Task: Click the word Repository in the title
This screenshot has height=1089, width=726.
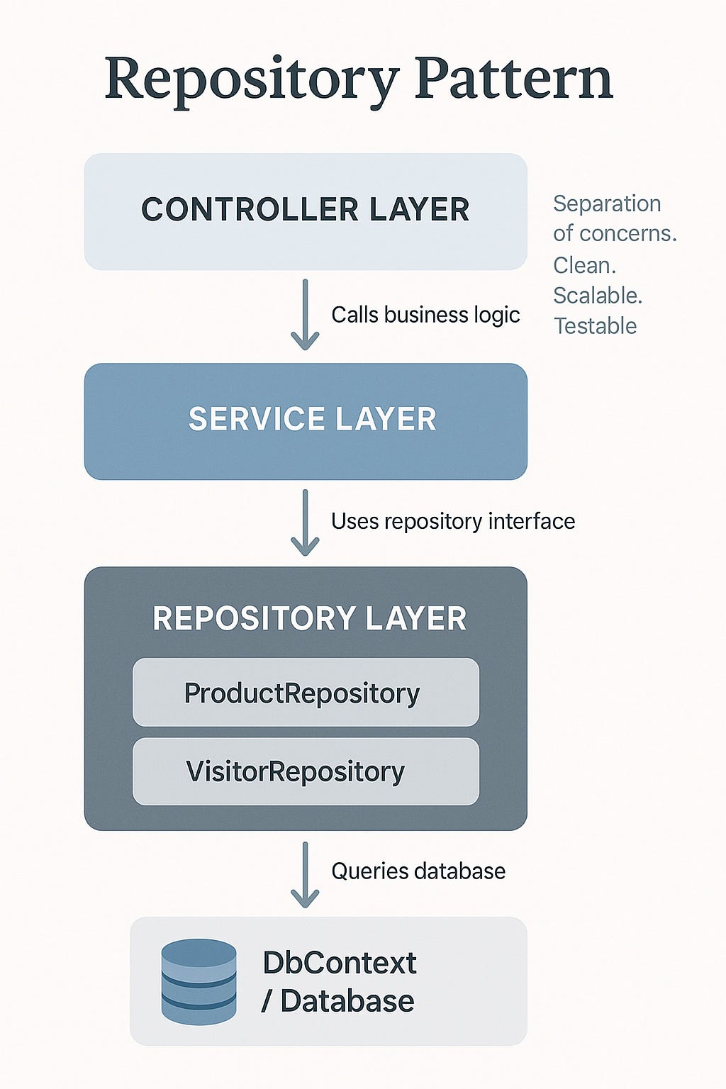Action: [252, 79]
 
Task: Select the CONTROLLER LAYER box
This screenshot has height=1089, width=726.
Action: [306, 211]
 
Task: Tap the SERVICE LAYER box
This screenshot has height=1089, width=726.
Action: [306, 420]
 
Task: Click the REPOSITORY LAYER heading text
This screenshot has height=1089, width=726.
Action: [310, 618]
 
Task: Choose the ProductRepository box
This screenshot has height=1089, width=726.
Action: [306, 693]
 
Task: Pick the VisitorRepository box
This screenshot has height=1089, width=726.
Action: [306, 771]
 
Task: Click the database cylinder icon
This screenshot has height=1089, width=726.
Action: [199, 981]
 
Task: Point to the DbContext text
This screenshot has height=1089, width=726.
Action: [340, 963]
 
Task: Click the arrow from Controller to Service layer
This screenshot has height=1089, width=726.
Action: [305, 315]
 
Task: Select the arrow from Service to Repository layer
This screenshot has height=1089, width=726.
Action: [305, 523]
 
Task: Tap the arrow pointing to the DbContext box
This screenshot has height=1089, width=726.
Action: [305, 874]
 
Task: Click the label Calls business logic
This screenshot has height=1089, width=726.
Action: [425, 315]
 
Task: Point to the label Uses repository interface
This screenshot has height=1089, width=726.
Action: [453, 522]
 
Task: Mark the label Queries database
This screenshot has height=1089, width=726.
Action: [418, 871]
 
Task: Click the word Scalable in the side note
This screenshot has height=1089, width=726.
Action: [597, 296]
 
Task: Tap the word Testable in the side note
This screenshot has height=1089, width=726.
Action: [595, 326]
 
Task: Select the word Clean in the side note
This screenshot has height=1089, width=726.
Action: [583, 265]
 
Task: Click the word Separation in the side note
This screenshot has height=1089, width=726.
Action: [607, 203]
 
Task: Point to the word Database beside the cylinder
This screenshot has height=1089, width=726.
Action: [347, 1001]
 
